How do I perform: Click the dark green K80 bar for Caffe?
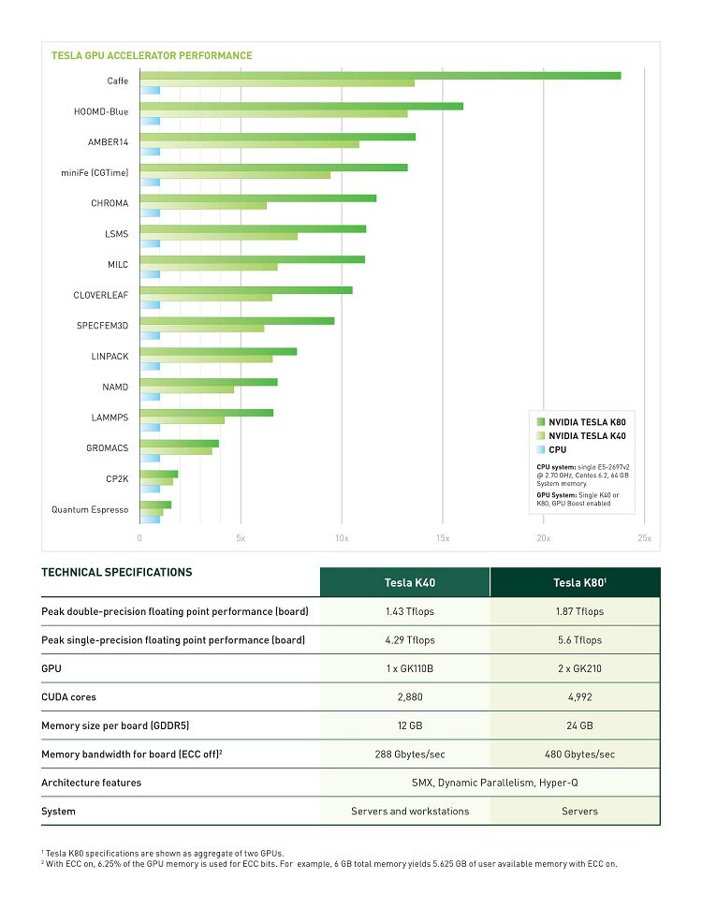(381, 75)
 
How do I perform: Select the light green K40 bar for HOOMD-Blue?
(274, 113)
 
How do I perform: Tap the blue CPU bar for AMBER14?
(150, 152)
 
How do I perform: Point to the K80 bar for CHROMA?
(258, 198)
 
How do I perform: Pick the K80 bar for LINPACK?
(218, 352)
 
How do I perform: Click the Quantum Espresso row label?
(90, 509)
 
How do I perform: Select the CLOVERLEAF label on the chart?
(101, 295)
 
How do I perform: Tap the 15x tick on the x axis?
(443, 538)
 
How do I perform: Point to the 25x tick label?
(645, 538)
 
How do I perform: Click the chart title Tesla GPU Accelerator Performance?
(152, 55)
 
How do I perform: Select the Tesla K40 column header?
(410, 582)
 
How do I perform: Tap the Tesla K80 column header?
(579, 582)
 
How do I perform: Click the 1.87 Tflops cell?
(579, 611)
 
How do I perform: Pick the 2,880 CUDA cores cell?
(410, 697)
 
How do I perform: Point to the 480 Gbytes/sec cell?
(579, 754)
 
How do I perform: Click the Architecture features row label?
(91, 783)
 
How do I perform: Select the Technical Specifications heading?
(116, 572)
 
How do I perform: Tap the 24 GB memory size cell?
(579, 725)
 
